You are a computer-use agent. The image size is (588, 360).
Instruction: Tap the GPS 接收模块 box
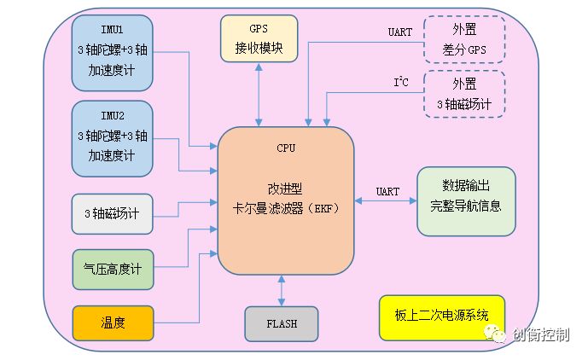point(259,38)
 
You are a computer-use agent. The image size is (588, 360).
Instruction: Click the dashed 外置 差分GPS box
point(464,39)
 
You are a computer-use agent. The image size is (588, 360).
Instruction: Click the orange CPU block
point(286,200)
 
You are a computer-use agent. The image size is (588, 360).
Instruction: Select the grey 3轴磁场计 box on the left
point(112,213)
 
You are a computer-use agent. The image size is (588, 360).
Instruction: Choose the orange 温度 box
point(112,322)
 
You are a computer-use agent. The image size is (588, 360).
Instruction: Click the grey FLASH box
point(282,323)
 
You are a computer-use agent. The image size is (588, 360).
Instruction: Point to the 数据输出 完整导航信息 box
point(466,200)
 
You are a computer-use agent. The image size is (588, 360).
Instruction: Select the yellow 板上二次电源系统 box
point(442,316)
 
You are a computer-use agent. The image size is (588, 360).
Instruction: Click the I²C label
point(400,83)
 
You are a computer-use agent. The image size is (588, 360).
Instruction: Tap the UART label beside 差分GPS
point(400,32)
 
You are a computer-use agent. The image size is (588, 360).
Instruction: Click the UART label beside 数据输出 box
point(387,191)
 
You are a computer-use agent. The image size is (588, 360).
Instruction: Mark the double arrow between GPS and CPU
point(259,94)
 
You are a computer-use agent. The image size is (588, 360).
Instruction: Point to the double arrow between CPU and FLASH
point(282,290)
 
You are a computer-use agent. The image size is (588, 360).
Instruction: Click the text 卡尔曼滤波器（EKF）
point(286,207)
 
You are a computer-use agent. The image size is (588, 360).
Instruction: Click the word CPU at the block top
point(286,148)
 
